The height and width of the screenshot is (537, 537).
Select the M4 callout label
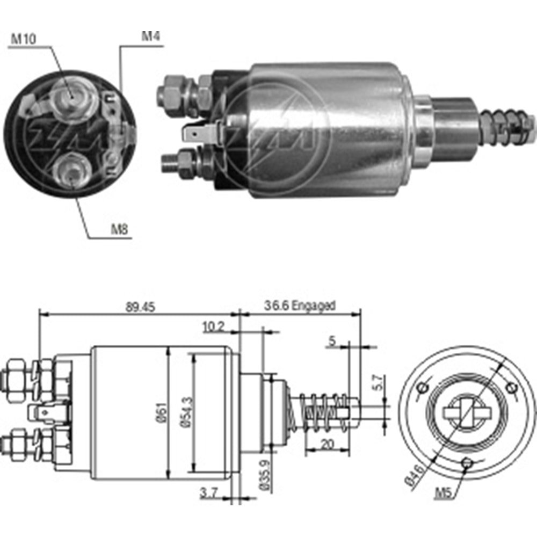pyautogui.click(x=151, y=37)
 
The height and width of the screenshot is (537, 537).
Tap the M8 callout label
pyautogui.click(x=120, y=229)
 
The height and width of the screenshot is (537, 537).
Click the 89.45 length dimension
pyautogui.click(x=138, y=307)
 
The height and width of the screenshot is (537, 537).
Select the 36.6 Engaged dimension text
pyautogui.click(x=299, y=306)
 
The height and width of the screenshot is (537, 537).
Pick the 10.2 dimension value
pyautogui.click(x=213, y=326)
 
